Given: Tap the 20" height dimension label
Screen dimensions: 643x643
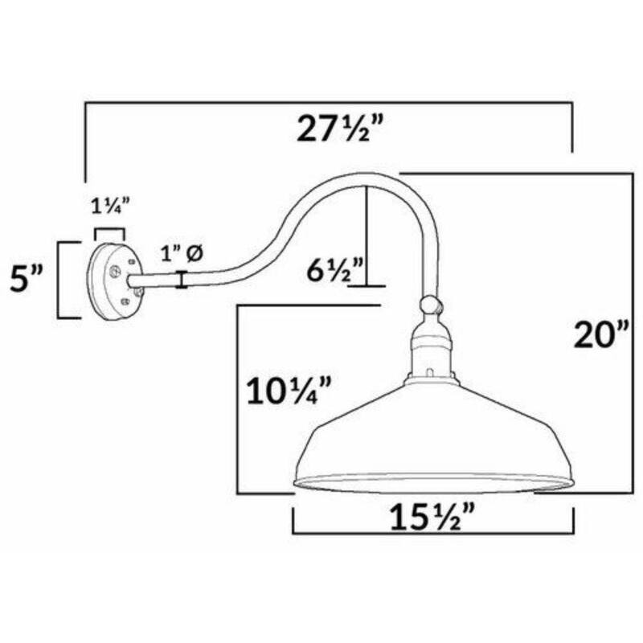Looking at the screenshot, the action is tap(601, 334).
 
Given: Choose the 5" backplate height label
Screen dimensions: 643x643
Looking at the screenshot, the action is tap(27, 278).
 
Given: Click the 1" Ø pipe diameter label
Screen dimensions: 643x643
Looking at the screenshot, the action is tap(182, 254).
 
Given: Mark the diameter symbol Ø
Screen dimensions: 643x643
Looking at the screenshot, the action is tap(194, 254).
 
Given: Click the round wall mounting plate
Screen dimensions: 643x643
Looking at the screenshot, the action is tap(115, 282).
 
